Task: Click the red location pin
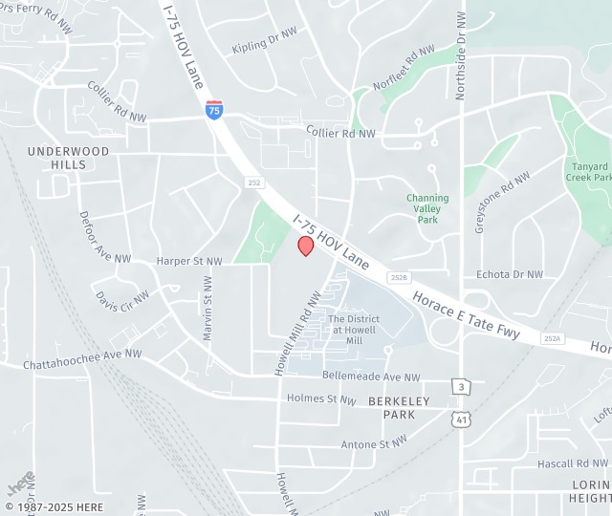tap(306, 246)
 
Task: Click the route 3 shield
tap(461, 385)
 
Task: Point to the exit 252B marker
tap(399, 277)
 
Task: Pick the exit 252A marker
tap(552, 338)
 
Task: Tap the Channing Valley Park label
tap(427, 208)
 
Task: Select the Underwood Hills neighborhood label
tap(69, 158)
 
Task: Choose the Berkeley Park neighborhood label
tap(399, 408)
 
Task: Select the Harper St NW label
tap(189, 261)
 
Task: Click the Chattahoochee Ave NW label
tap(82, 359)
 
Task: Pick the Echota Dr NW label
tap(509, 274)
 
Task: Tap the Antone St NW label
tap(375, 443)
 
